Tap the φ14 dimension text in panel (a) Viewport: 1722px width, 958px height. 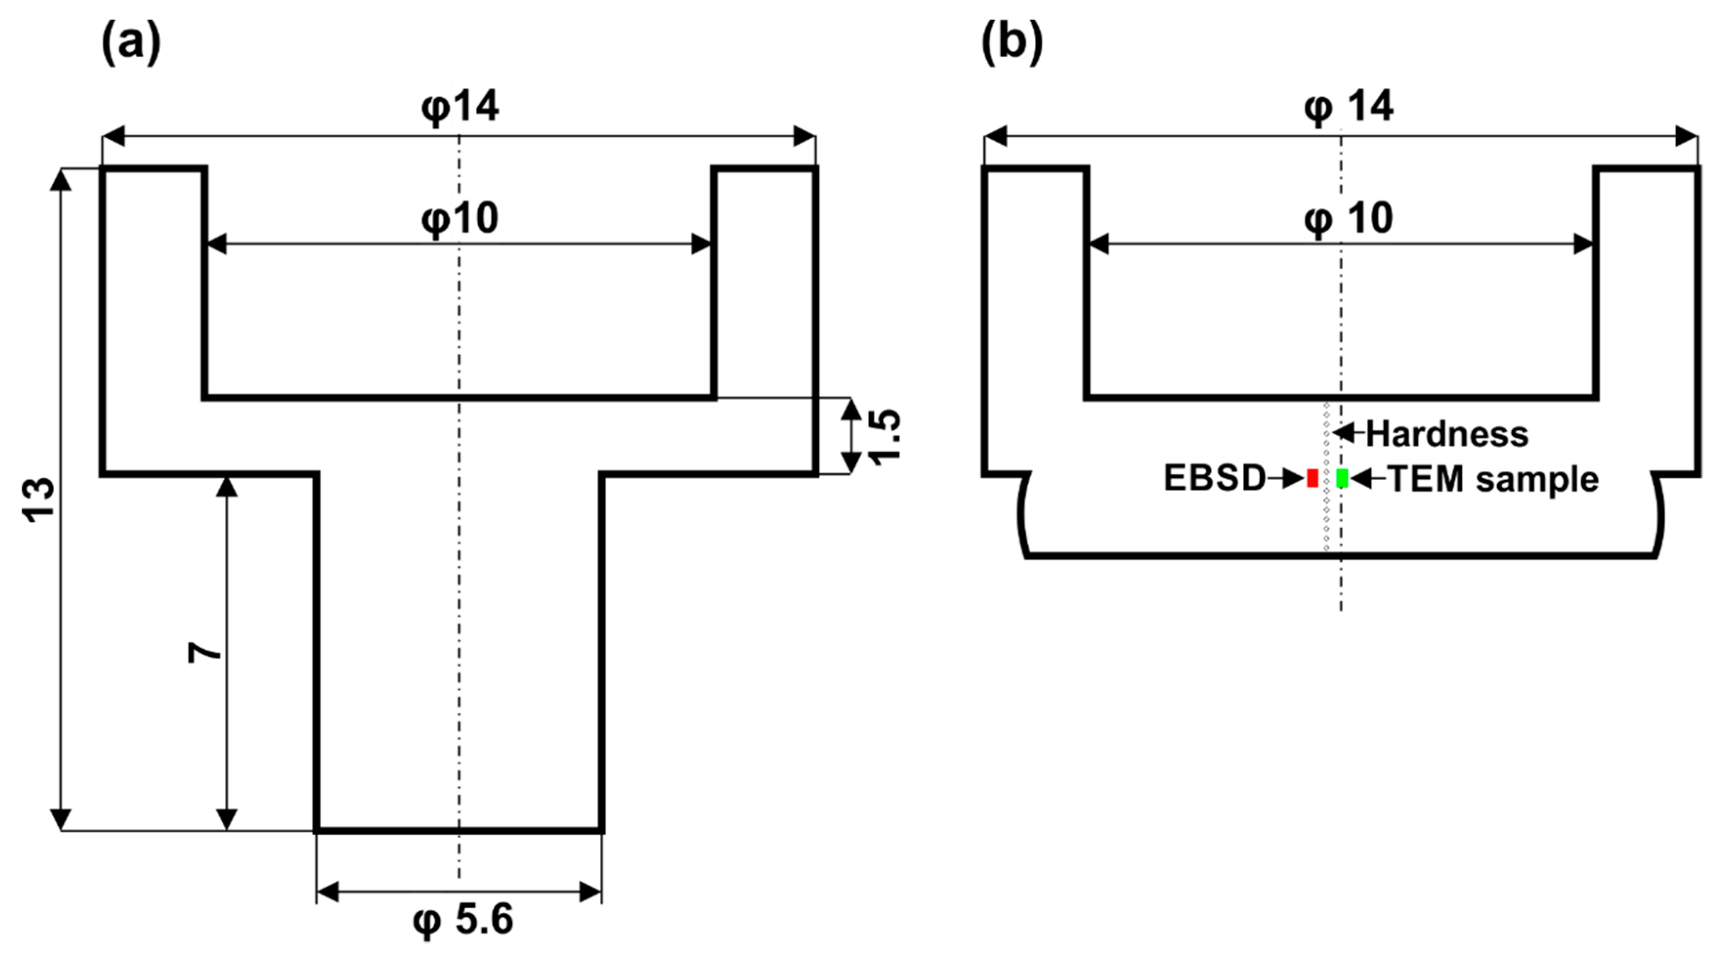pyautogui.click(x=460, y=107)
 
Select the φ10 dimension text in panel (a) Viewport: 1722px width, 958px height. pyautogui.click(x=460, y=218)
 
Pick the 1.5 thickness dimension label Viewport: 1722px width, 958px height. pyautogui.click(x=884, y=436)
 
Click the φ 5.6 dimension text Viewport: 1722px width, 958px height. pyautogui.click(x=463, y=919)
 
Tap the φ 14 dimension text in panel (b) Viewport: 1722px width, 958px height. pyautogui.click(x=1348, y=107)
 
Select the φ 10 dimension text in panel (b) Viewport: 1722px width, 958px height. pyautogui.click(x=1348, y=218)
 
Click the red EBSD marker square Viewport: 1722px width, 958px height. pyautogui.click(x=1312, y=478)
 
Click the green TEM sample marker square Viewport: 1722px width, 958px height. pyautogui.click(x=1341, y=478)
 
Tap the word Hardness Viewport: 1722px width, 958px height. pyautogui.click(x=1446, y=434)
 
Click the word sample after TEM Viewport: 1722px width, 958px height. pyautogui.click(x=1537, y=479)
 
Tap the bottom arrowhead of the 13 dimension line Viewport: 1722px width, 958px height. pyautogui.click(x=61, y=819)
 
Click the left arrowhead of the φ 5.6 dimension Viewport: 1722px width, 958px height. pyautogui.click(x=328, y=891)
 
